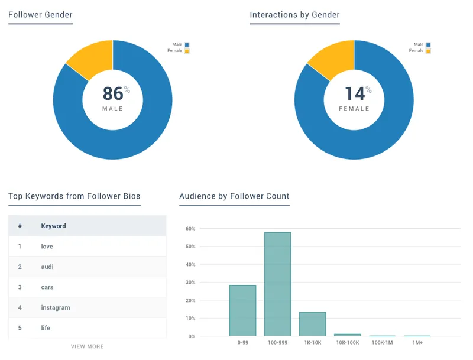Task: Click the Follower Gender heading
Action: [x=40, y=15]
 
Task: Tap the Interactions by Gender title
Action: [x=294, y=15]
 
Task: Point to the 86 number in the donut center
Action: [x=113, y=93]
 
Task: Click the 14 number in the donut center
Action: [x=355, y=93]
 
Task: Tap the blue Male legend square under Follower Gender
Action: [x=187, y=45]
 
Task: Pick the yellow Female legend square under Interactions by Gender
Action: [x=428, y=51]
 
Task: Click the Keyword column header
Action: [x=53, y=226]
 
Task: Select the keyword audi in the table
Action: [x=47, y=267]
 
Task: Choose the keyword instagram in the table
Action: [x=56, y=307]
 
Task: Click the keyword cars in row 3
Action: [x=47, y=287]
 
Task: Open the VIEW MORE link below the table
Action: [x=87, y=346]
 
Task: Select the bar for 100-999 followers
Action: [x=277, y=284]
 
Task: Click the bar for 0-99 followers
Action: [x=242, y=310]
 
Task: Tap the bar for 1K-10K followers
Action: [x=313, y=324]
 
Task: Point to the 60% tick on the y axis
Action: [x=190, y=229]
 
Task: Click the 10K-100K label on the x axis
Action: [x=348, y=343]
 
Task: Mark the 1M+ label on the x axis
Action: [x=417, y=343]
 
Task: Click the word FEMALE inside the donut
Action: [x=354, y=109]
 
